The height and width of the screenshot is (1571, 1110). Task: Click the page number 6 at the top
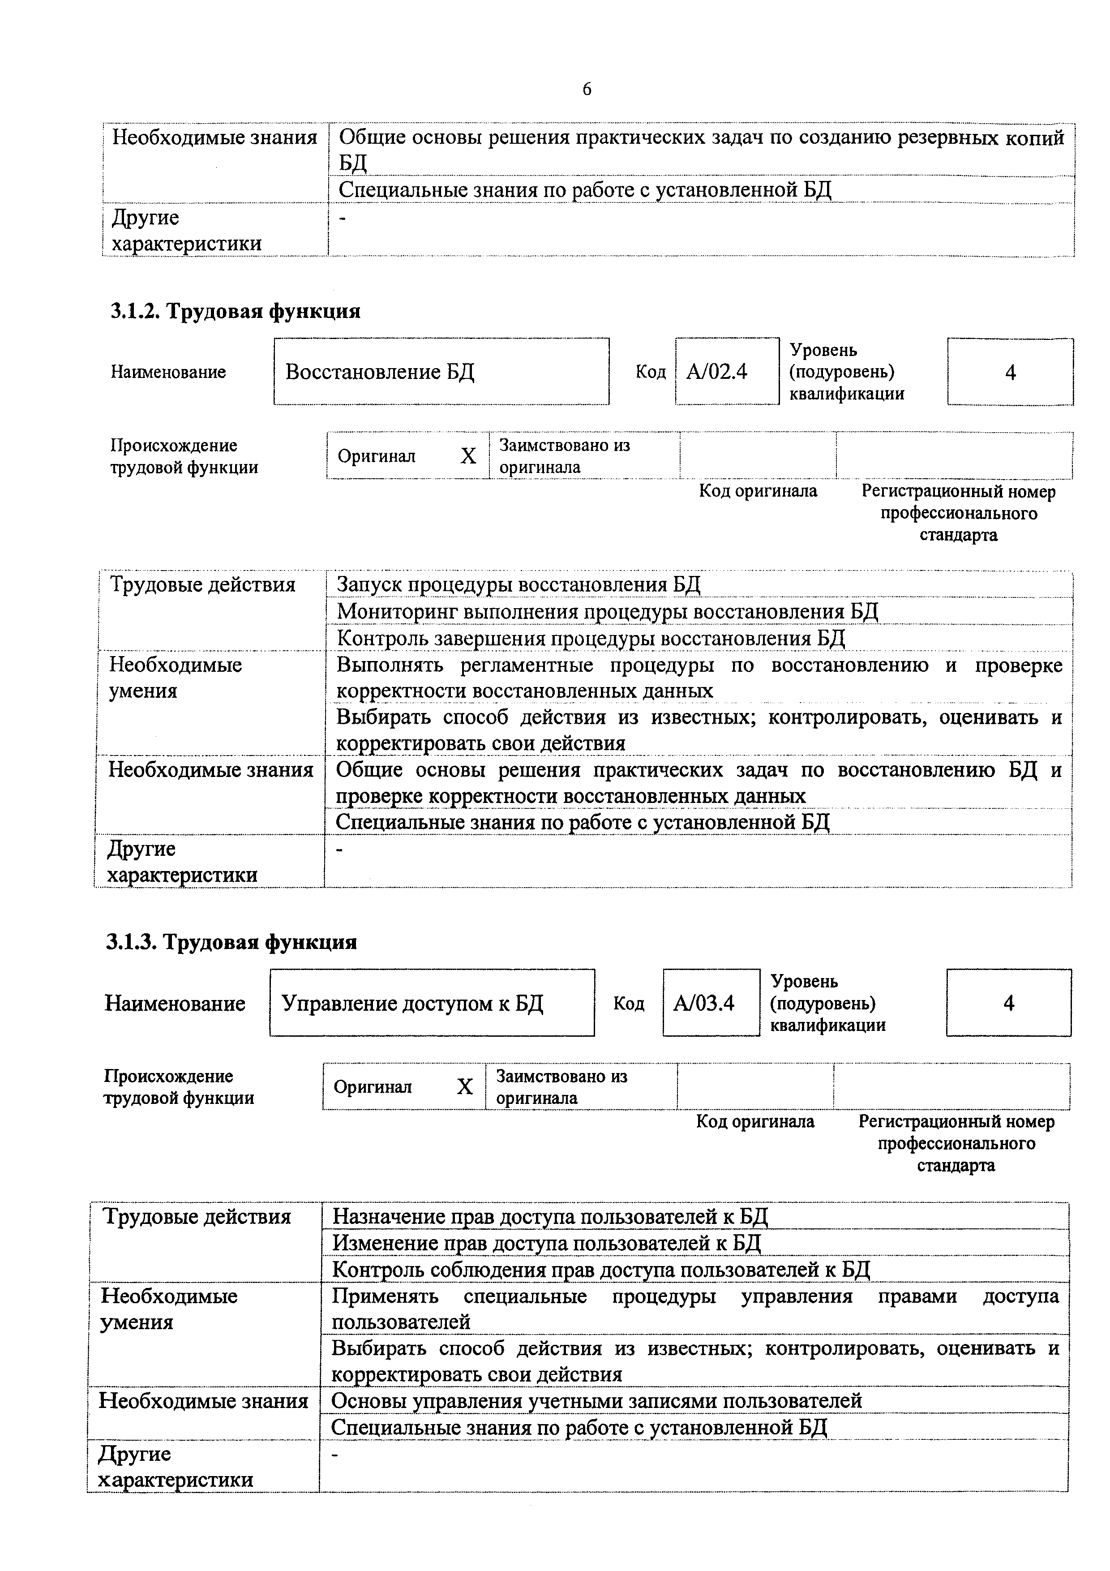587,90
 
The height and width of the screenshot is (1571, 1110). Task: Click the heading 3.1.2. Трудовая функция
235,311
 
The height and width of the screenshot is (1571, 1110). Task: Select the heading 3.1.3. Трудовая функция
231,942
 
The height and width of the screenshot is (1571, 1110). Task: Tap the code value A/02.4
717,372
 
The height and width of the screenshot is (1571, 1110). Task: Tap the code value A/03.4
704,1003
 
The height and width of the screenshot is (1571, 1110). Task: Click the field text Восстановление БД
380,372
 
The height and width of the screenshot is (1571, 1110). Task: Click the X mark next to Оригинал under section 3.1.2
468,456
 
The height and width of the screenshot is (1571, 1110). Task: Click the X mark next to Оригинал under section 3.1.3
464,1086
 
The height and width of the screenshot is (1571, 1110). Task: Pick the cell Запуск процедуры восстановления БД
519,585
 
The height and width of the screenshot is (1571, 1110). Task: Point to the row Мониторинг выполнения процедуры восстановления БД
607,611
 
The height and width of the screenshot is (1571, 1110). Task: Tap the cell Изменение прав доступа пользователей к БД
546,1242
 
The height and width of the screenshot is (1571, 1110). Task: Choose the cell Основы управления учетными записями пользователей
596,1401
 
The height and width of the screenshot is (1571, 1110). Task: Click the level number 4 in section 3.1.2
1010,372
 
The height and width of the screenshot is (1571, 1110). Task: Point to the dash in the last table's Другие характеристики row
335,1454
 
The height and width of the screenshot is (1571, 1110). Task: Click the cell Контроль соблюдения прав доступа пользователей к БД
600,1269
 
